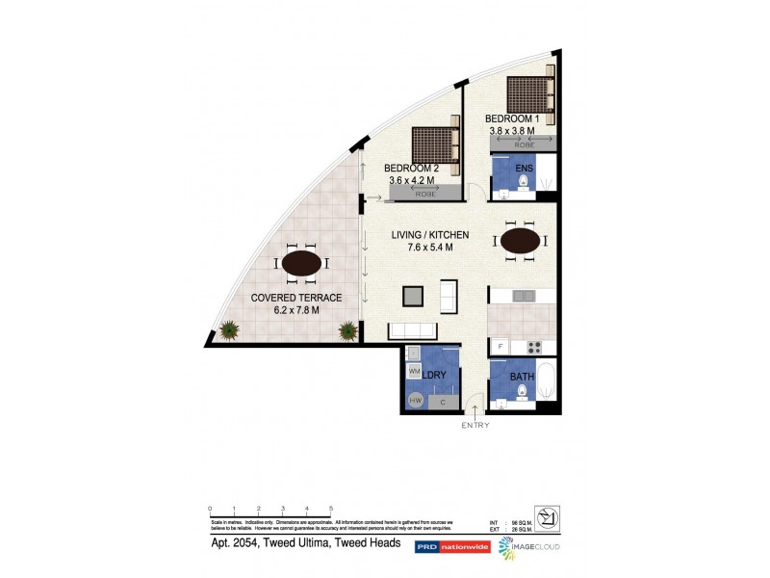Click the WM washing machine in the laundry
coord(415,371)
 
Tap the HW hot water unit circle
coord(415,400)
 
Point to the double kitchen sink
coord(524,296)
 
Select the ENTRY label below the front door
coord(475,425)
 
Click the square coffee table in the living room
coord(413,297)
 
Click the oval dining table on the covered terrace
coord(301,262)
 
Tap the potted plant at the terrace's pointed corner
coord(229,331)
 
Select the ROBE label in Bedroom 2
coord(424,195)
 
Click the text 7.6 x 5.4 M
coord(429,248)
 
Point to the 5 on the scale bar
coord(331,508)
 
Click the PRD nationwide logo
coord(451,547)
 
